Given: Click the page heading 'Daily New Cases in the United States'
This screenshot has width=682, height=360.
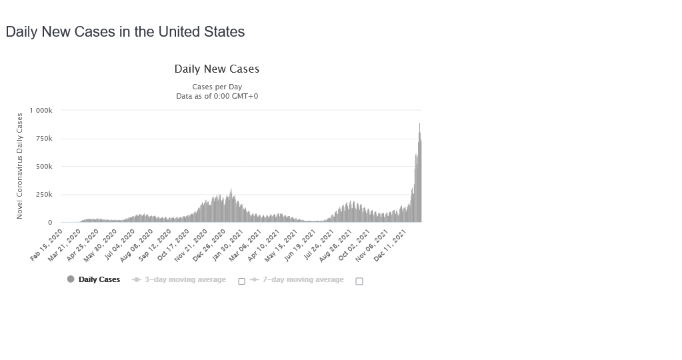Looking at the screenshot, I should coord(125,32).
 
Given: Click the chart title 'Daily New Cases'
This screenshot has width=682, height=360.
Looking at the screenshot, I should coord(217,69).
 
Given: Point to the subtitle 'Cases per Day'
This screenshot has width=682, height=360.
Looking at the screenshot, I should coord(217,87).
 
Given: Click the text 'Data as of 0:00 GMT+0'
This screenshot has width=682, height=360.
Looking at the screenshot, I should coord(217,96).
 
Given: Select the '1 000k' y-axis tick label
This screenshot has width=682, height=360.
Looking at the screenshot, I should coord(41,110).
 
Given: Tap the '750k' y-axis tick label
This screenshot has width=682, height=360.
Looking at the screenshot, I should coord(44,139).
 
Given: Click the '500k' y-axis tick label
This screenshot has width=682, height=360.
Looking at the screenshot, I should coord(44,167).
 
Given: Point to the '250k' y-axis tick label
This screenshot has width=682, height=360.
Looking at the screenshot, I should coord(44,195).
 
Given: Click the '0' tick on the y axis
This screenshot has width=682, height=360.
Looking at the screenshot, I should coord(50,223).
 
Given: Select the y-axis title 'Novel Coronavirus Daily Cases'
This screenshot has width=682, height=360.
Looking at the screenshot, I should coord(20,166).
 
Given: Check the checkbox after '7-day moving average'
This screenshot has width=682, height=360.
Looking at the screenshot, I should coord(359,281).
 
